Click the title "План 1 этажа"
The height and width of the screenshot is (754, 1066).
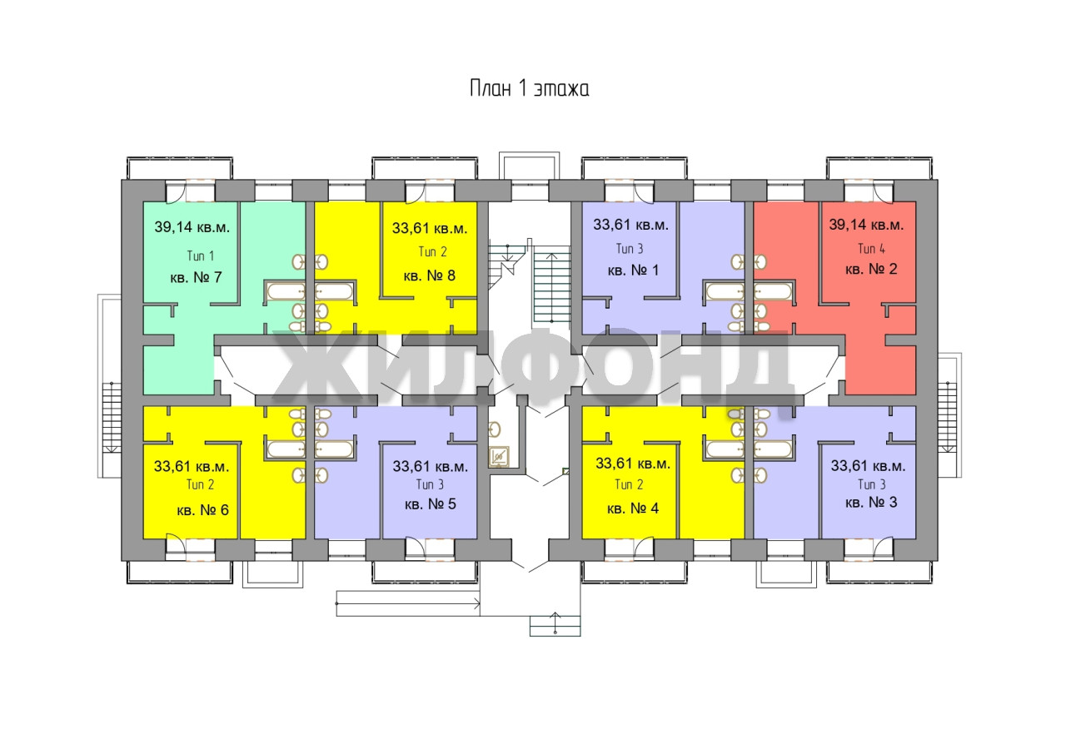coord(529,89)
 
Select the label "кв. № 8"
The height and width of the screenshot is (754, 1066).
coord(429,275)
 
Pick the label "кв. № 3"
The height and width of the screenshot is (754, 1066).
coord(870,503)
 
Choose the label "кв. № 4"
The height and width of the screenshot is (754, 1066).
coord(633,508)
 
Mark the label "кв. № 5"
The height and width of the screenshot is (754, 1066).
coord(429,504)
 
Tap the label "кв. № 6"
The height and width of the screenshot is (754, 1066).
coord(202,509)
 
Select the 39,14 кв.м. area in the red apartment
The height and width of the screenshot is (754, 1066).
coord(866,224)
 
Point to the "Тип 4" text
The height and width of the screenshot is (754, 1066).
coord(871,248)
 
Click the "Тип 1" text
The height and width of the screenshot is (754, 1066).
coord(200,255)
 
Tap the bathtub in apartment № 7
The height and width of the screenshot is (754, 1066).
coord(286,291)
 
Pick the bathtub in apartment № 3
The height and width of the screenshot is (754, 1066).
coord(771,449)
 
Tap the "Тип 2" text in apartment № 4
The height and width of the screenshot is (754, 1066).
coord(628,484)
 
